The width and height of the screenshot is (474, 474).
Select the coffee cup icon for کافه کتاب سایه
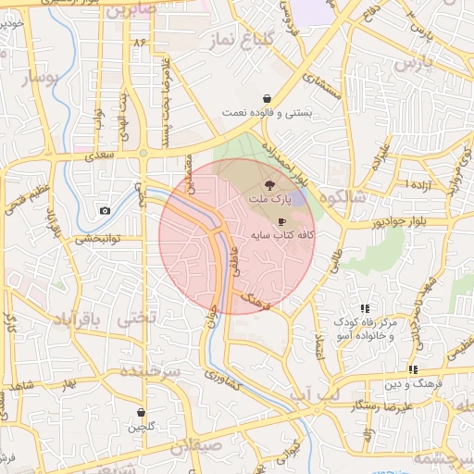tap(281, 221)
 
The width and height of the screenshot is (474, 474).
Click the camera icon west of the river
tap(105, 211)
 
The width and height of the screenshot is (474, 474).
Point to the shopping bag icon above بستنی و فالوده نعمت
tap(268, 98)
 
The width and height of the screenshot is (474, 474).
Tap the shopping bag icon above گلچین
tap(141, 413)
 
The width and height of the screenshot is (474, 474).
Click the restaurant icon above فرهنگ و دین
tap(412, 369)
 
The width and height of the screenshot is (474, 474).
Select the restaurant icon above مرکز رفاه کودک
tap(365, 308)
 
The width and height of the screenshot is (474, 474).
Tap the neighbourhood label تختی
tap(136, 318)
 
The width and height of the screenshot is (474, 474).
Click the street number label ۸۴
tap(141, 43)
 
